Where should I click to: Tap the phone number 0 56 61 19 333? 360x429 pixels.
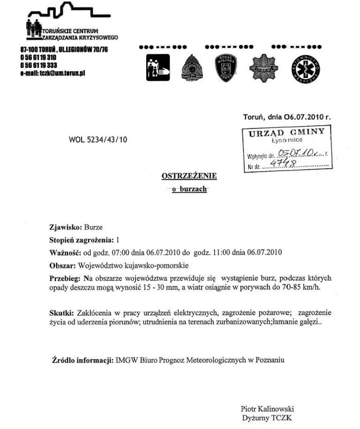(x=38, y=65)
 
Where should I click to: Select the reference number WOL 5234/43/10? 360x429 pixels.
(x=98, y=140)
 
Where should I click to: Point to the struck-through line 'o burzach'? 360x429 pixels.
(x=189, y=190)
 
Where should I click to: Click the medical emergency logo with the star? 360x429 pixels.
(x=309, y=68)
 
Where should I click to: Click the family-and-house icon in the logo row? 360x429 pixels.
(x=158, y=68)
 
